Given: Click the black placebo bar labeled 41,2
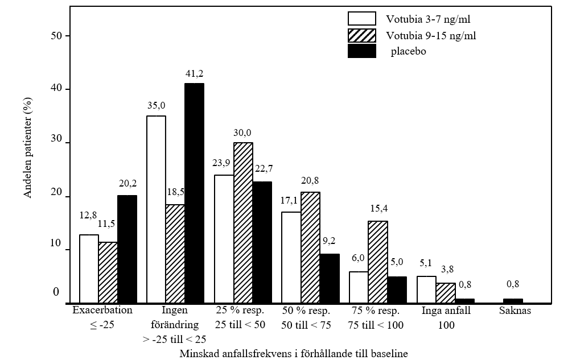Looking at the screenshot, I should pos(194,193).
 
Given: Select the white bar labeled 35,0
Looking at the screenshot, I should pos(157,209).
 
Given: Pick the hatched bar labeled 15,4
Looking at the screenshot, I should pos(378,262).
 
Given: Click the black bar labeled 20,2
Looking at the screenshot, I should pos(127,249).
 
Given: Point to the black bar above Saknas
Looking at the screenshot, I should pos(512,301).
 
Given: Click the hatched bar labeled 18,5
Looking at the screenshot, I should pos(175,254).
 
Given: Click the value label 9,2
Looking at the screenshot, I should pos(330,241).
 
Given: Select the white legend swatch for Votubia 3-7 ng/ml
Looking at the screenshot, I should pos(361,18).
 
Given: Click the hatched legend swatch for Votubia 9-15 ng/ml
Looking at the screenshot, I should pos(361,35).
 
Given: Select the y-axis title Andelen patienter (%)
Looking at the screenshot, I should pos(27,148).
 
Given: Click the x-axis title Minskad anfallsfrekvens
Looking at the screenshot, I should pos(294,353).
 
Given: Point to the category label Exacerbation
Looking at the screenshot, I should pos(102,311).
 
